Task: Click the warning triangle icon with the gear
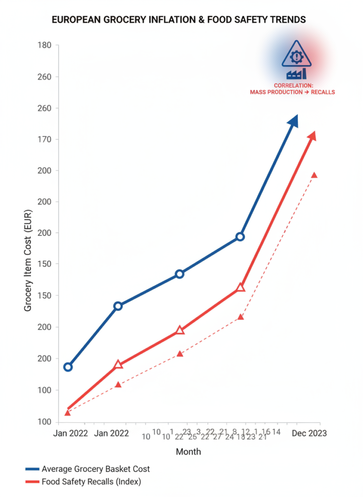coord(296,54)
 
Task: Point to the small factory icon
coord(296,74)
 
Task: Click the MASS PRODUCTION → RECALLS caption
coord(293,92)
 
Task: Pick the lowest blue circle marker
coord(68,367)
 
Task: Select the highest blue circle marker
coord(240,237)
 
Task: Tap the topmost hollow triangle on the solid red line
coord(241,288)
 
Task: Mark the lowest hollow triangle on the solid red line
coord(118,364)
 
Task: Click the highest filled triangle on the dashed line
coord(314,175)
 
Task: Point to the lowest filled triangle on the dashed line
coord(68,413)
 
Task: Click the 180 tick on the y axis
coord(45,46)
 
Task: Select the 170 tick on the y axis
coord(45,139)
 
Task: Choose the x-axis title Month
coord(188,452)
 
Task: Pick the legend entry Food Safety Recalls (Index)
coord(91,481)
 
